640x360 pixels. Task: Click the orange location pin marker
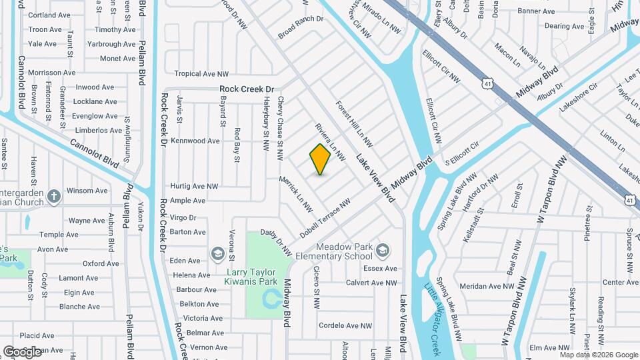pos(321,159)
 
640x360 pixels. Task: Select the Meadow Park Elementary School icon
pos(383,251)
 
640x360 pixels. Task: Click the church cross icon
pos(54,197)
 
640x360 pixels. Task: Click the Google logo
pos(23,351)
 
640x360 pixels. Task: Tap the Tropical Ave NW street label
pos(201,74)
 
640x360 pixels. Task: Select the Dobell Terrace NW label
pos(325,211)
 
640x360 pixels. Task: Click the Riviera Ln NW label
pos(329,142)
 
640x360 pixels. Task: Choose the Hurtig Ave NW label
pos(194,186)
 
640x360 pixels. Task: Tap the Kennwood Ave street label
pos(195,141)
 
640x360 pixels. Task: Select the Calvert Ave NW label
pos(371,283)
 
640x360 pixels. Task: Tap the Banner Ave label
pos(536,11)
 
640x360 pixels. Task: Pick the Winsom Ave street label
pos(87,191)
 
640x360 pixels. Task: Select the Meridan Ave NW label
pos(487,286)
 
